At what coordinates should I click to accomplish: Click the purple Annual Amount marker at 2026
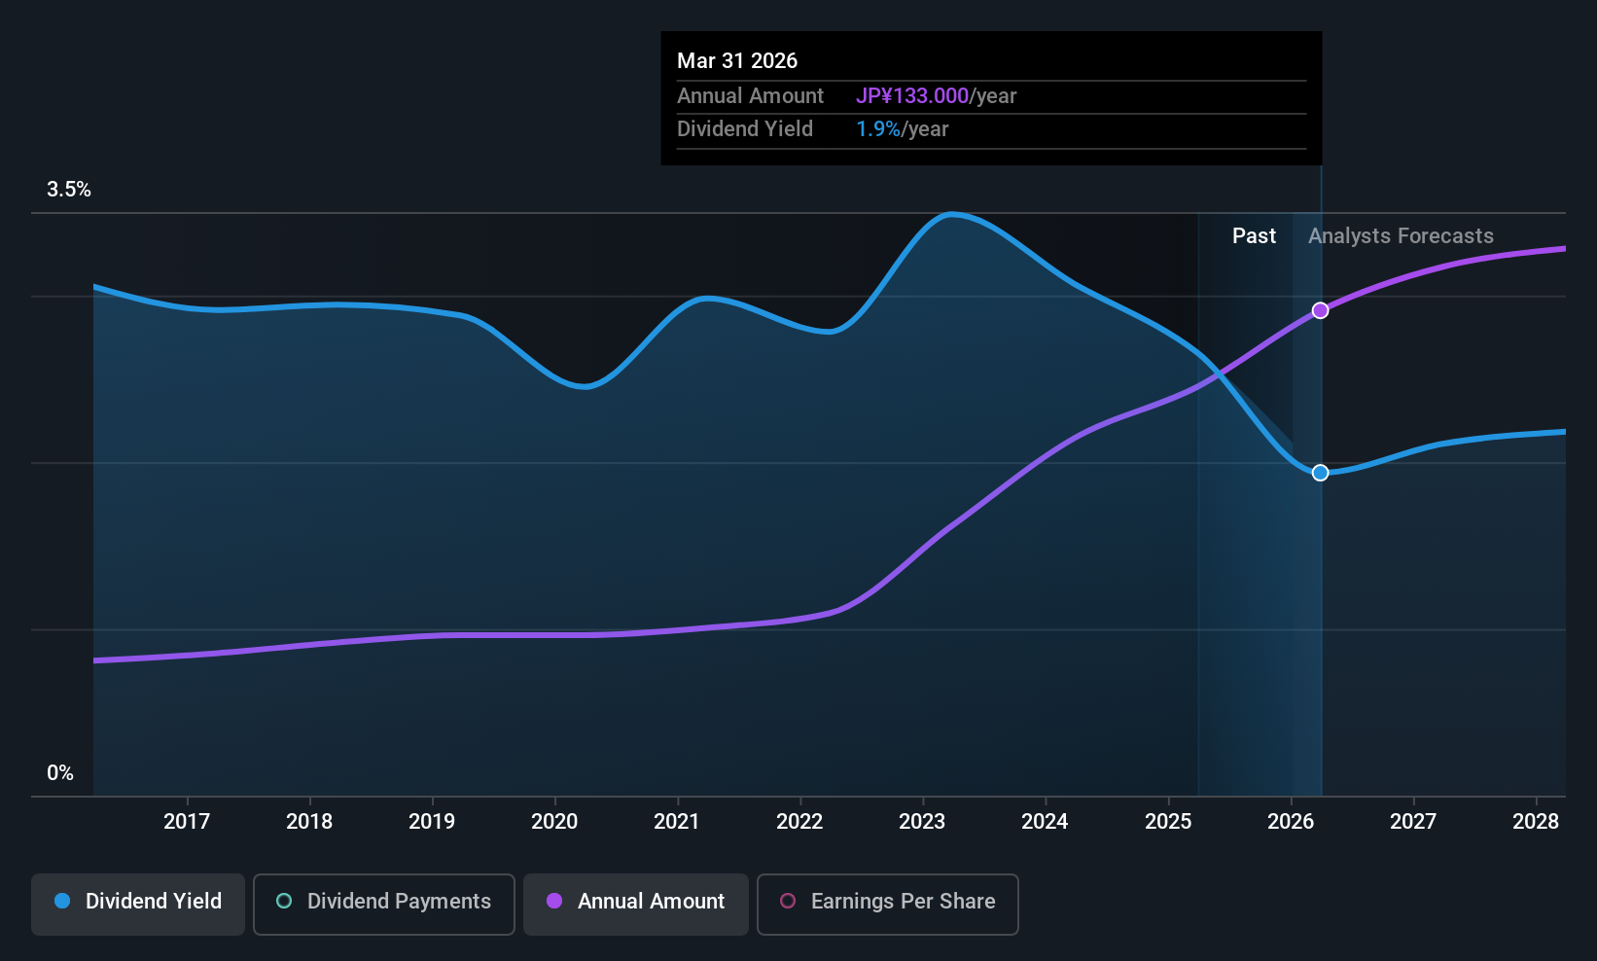coord(1320,310)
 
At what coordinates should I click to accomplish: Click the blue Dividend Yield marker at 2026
coord(1320,473)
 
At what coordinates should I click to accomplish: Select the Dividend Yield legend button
coord(137,904)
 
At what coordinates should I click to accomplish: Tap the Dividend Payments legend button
coord(383,904)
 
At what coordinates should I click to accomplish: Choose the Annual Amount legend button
coord(635,904)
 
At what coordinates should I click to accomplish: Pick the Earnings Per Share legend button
coord(888,904)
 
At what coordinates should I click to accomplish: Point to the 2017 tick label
coord(187,821)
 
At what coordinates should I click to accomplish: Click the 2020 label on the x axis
coord(554,821)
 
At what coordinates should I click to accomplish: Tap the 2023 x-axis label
coord(922,821)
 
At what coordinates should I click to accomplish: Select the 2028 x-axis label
coord(1536,821)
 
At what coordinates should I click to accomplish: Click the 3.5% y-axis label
coord(69,190)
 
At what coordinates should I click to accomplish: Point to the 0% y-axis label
coord(60,773)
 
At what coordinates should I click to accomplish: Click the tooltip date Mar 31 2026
coord(737,60)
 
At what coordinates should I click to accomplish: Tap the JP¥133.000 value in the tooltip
coord(912,95)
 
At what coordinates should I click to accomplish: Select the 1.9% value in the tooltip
coord(878,129)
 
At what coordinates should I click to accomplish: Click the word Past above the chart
coord(1254,236)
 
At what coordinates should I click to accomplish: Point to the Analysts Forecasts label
coord(1401,236)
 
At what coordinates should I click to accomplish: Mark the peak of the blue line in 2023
coord(952,213)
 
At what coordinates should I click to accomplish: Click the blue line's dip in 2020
coord(585,386)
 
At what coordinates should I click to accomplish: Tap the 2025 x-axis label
coord(1168,821)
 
